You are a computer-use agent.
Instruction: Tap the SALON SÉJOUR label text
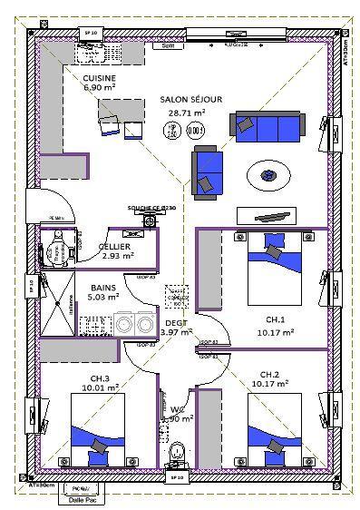tap(191, 99)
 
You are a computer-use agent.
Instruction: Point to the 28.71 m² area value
tap(187, 113)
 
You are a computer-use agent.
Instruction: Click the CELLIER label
tap(114, 246)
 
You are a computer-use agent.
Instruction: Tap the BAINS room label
tap(102, 286)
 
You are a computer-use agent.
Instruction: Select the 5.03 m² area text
tap(102, 297)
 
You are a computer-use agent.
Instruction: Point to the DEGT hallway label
tap(175, 321)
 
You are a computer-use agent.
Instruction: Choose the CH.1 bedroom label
tap(275, 320)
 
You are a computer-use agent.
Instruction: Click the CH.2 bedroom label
tap(270, 374)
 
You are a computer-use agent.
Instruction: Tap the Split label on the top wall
tap(168, 44)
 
